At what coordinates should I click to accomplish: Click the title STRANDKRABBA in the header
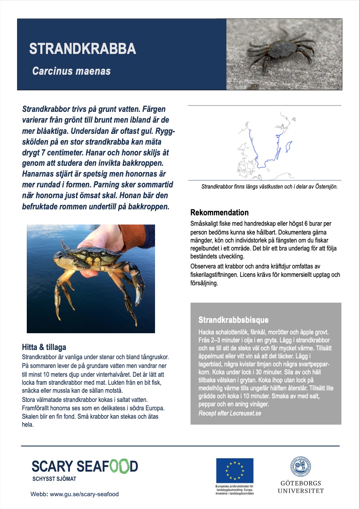point(82,48)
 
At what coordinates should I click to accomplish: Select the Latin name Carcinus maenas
point(71,71)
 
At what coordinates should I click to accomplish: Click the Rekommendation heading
point(219,213)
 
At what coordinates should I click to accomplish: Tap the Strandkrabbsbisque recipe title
point(233,320)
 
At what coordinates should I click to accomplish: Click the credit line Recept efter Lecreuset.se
point(230,413)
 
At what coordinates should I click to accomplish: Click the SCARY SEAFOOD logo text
point(85,466)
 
